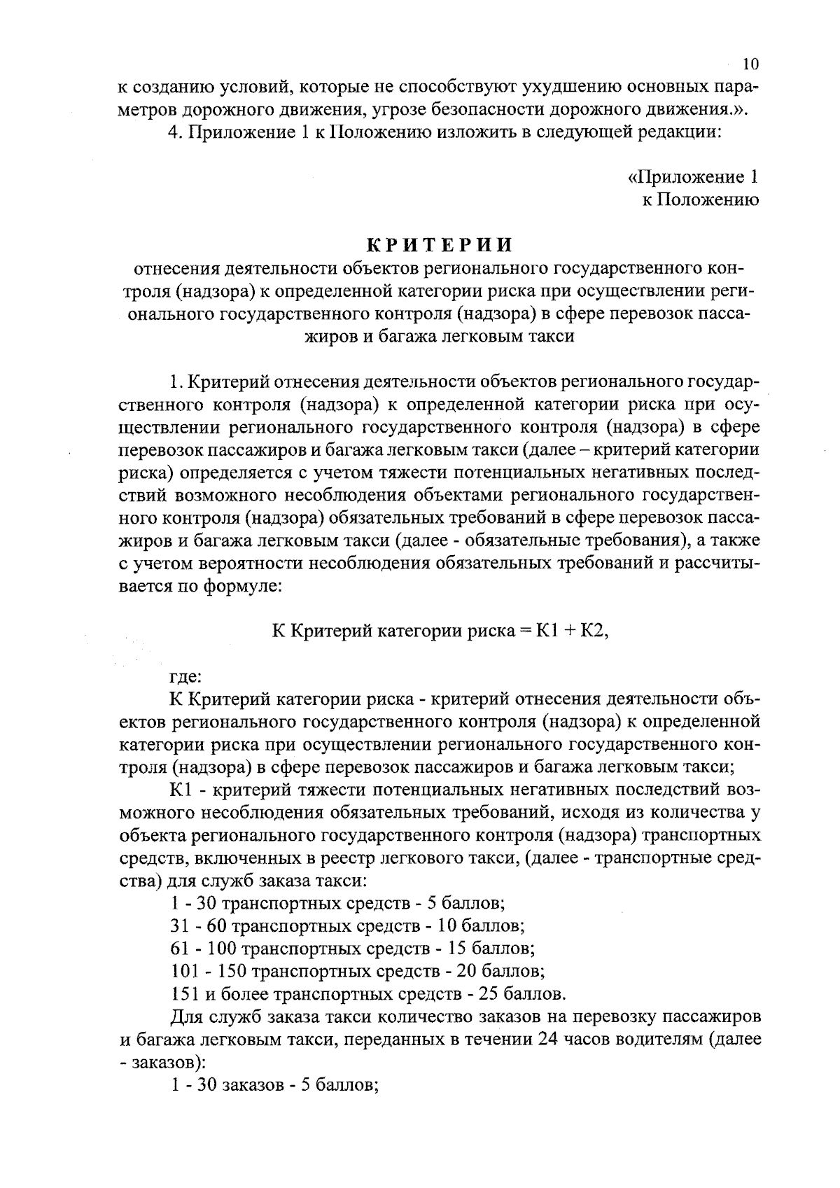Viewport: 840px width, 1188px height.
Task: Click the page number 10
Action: point(750,64)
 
